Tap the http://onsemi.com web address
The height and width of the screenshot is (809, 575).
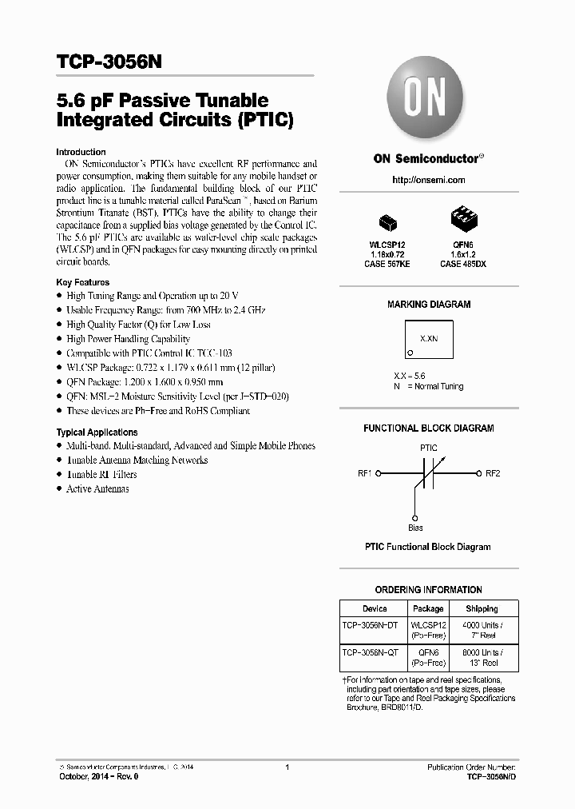(x=428, y=180)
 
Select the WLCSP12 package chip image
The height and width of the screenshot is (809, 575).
(x=389, y=221)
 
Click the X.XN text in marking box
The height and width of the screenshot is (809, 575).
(x=429, y=339)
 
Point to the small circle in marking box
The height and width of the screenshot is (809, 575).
(x=410, y=352)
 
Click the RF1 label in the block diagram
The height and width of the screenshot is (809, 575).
(x=365, y=473)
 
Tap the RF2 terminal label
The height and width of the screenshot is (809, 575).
(x=493, y=473)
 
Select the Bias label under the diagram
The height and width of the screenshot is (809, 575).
(x=415, y=528)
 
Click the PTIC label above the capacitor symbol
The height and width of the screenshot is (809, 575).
(x=429, y=448)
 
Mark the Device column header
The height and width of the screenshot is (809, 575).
(x=374, y=608)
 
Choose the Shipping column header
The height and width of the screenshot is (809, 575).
(x=482, y=608)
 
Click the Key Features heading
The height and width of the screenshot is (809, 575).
(x=83, y=282)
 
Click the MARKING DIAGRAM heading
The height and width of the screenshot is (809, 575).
(x=429, y=305)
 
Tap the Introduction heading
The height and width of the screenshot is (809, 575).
(x=81, y=152)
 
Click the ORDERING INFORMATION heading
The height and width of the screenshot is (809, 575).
(x=429, y=590)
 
